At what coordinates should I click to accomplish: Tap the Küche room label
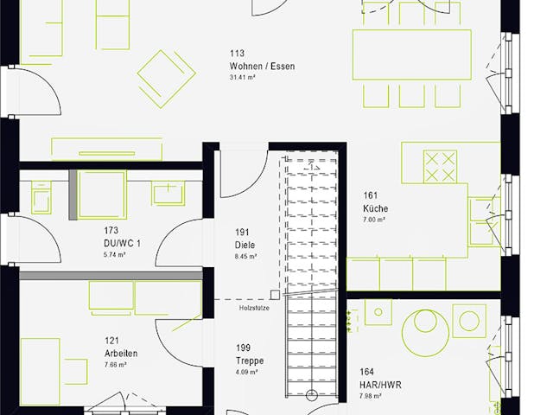(x=375, y=209)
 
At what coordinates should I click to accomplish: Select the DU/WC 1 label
(x=121, y=244)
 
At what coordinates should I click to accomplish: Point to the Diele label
(x=245, y=245)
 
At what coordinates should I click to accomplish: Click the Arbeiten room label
(x=121, y=354)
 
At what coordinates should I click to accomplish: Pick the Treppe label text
(x=249, y=361)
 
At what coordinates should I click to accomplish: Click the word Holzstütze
(x=253, y=307)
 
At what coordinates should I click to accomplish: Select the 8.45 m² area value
(x=245, y=256)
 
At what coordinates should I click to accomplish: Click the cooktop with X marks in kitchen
(x=441, y=165)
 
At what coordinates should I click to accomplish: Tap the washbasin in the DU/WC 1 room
(x=168, y=192)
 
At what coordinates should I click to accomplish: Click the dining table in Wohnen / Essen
(x=423, y=56)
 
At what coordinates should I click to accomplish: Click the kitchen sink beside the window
(x=481, y=220)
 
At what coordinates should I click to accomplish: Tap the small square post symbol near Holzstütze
(x=275, y=295)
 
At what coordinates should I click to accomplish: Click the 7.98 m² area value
(x=372, y=396)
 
